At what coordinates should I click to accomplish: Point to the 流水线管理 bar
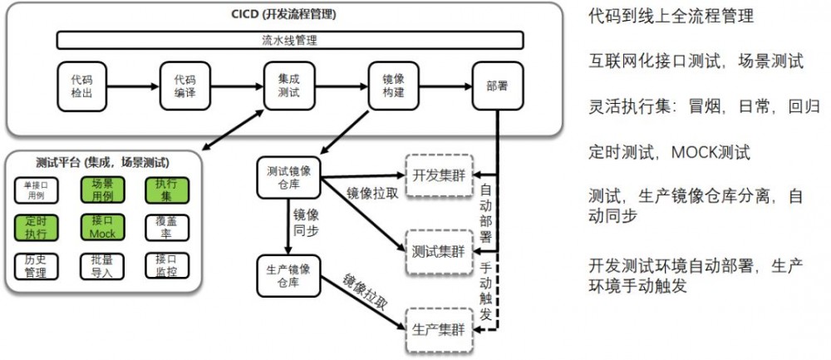(x=289, y=39)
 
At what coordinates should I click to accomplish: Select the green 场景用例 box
(x=102, y=190)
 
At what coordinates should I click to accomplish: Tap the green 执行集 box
(x=166, y=190)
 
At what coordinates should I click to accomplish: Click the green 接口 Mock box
(x=102, y=228)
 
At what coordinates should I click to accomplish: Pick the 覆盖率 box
(x=166, y=228)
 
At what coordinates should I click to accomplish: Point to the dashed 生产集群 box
(x=438, y=328)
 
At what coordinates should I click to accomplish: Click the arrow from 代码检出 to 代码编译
(x=133, y=85)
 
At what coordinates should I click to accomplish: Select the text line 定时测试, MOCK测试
(x=669, y=152)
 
